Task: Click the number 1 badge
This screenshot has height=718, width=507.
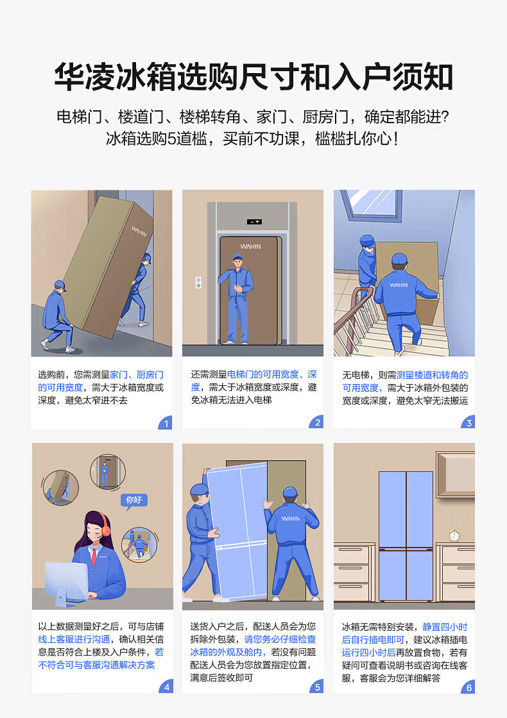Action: (x=166, y=422)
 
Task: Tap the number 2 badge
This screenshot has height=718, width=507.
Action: (x=317, y=422)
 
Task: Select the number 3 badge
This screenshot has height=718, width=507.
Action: (x=468, y=422)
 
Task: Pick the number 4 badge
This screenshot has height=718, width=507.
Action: (x=166, y=687)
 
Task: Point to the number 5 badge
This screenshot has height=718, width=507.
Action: (x=317, y=687)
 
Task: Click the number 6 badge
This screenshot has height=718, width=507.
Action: (x=468, y=687)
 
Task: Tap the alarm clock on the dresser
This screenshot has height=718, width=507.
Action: (x=454, y=535)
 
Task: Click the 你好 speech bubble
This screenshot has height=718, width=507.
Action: (x=134, y=500)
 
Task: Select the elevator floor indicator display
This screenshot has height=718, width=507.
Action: (x=254, y=222)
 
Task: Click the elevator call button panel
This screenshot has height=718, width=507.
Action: (x=198, y=283)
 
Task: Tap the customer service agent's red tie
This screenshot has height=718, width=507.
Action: (x=94, y=557)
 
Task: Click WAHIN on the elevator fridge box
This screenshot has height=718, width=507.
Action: (x=250, y=246)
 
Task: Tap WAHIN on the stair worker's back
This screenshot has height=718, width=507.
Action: (x=399, y=285)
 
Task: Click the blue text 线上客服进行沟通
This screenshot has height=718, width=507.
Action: (x=74, y=639)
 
